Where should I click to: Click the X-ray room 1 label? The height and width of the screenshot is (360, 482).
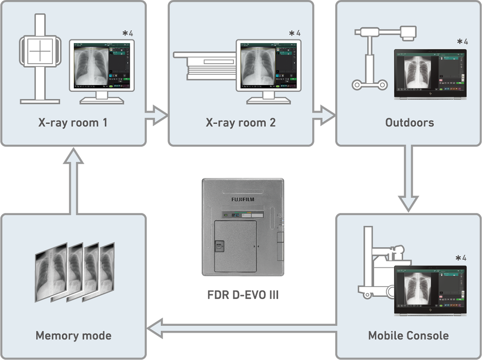(72, 122)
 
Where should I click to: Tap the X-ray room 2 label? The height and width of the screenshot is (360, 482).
(241, 122)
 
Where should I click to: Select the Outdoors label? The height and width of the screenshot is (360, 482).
(410, 122)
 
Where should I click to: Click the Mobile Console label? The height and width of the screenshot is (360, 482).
(408, 336)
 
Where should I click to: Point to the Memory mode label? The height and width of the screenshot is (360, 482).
(73, 336)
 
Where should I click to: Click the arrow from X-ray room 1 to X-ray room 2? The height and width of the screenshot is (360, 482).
(156, 116)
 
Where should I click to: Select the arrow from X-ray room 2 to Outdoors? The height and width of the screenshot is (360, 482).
(323, 116)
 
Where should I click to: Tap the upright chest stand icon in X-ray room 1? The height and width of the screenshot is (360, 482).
(39, 59)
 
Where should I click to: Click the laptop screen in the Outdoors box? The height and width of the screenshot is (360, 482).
(430, 72)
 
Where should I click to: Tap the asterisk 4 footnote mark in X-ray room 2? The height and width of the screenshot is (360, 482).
(295, 33)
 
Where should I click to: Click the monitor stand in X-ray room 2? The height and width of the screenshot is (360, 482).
(269, 98)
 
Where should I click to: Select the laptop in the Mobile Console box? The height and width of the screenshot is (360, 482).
(430, 291)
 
